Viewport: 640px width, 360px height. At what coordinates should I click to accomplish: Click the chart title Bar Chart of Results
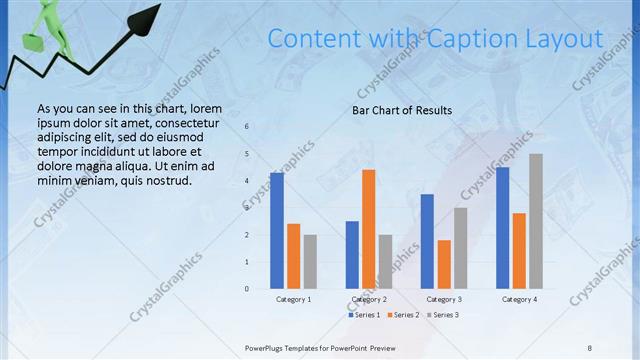[402, 110]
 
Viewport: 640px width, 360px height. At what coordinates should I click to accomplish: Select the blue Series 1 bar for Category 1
[277, 230]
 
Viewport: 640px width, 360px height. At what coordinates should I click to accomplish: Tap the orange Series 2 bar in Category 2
[368, 229]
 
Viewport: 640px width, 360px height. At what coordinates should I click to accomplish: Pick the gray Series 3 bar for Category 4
[536, 221]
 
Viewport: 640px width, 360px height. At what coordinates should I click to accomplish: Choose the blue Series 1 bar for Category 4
[502, 227]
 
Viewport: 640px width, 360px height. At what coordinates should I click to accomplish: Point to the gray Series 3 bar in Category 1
[310, 261]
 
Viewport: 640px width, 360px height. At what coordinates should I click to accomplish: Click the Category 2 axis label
[369, 299]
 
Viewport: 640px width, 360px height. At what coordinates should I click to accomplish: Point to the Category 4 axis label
[519, 299]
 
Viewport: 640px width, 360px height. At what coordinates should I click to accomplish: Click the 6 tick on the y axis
[247, 127]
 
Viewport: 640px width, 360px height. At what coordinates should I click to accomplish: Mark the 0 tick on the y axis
[247, 289]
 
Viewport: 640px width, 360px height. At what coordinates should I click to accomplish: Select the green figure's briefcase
[32, 43]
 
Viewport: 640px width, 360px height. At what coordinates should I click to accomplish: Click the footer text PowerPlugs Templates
[290, 347]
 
